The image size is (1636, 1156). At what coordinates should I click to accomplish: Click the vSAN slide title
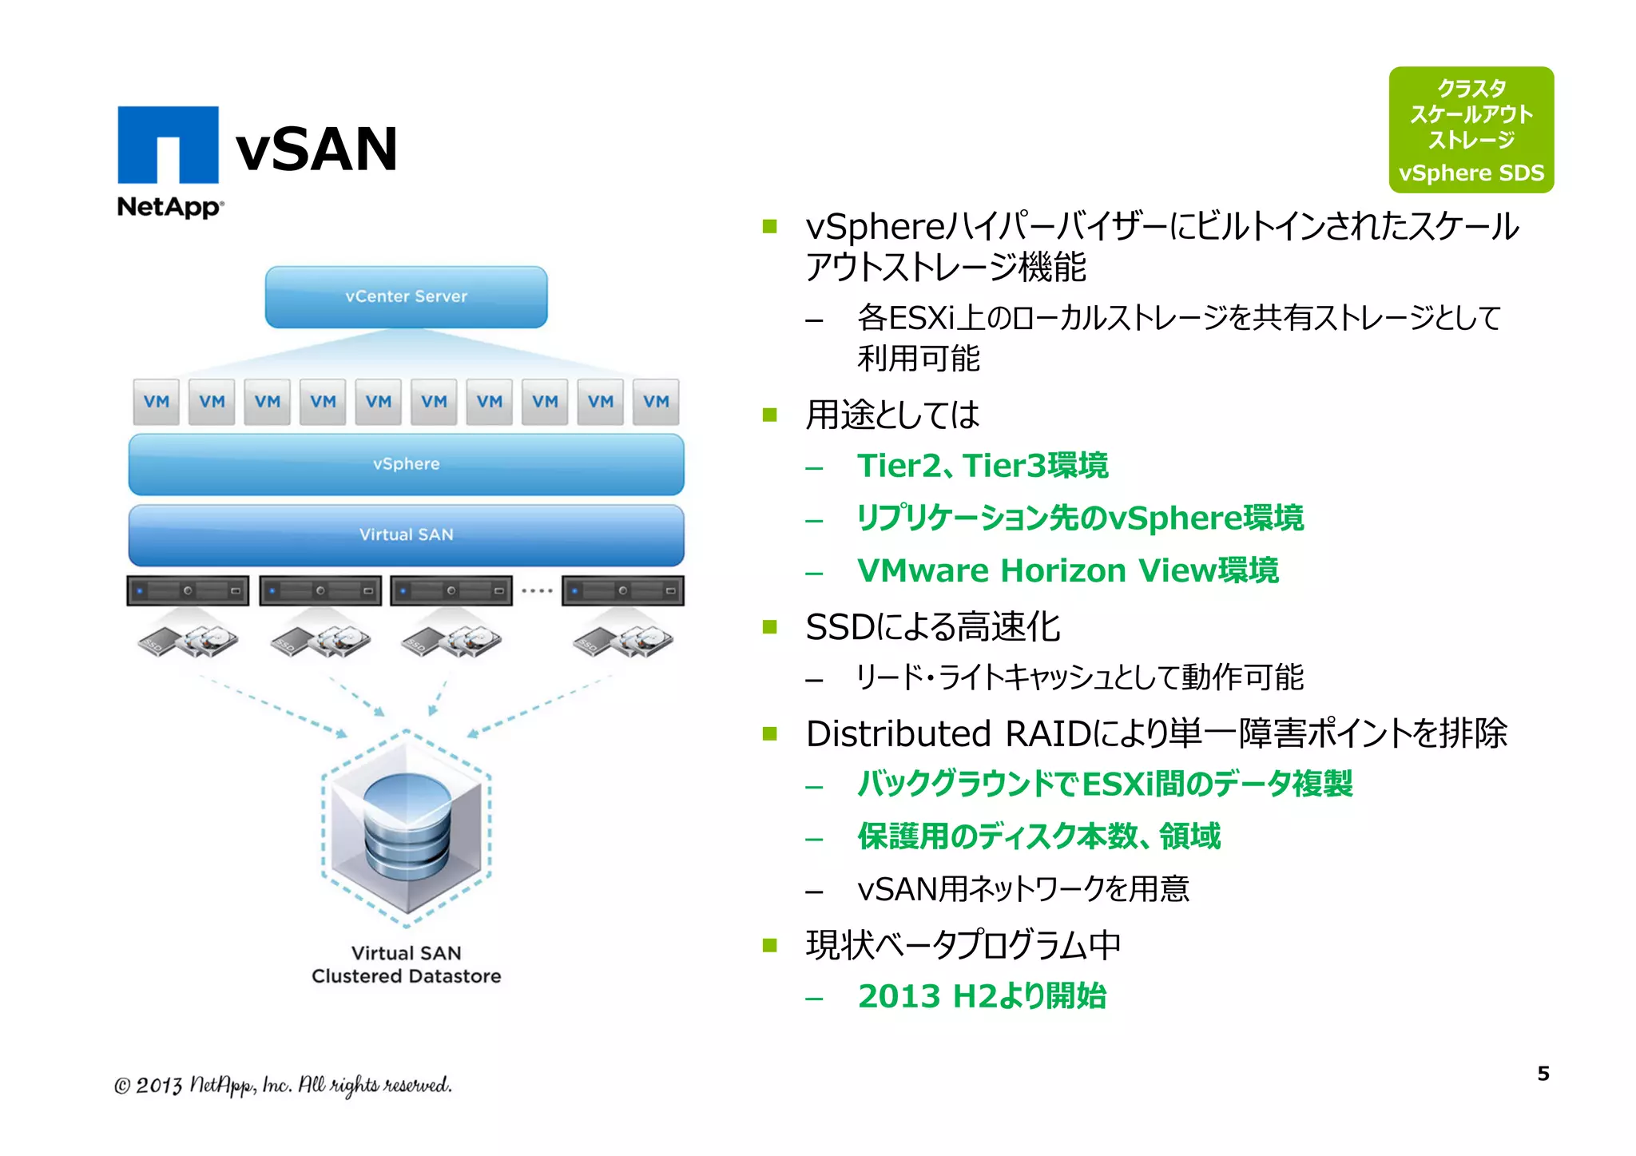316,149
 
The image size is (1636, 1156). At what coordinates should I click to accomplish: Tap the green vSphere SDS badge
1471,129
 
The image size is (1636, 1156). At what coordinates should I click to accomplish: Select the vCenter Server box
406,296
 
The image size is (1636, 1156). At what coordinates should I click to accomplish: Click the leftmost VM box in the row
157,402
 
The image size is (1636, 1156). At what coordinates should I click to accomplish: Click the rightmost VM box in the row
656,402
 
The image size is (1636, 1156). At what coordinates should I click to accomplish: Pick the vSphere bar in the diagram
406,464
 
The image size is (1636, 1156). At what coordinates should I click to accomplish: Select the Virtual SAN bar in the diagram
406,534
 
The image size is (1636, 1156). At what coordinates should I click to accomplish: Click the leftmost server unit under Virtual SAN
188,591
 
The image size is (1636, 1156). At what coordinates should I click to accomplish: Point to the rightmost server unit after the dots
622,591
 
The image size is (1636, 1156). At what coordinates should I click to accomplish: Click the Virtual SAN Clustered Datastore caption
406,964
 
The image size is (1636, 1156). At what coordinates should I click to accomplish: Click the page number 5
1543,1074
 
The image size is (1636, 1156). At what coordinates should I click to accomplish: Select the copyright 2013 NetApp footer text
283,1085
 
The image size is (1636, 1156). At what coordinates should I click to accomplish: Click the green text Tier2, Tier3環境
982,466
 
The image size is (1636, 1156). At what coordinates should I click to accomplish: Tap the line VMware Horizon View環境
1067,570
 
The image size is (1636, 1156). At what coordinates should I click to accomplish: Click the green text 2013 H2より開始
982,996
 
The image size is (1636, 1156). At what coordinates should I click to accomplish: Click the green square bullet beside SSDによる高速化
769,626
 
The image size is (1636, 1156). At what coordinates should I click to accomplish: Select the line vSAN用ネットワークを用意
1022,889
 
